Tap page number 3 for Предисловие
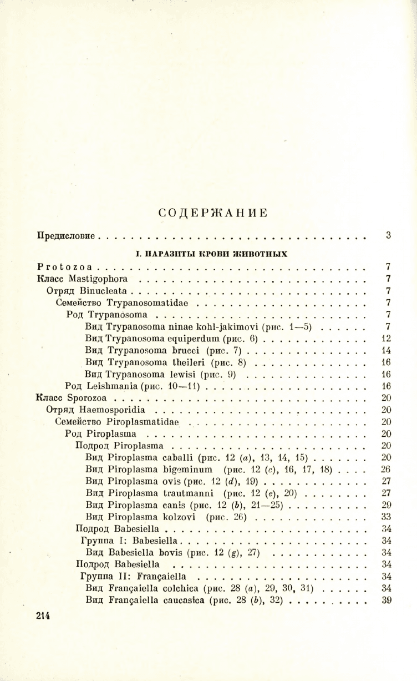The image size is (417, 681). [x=388, y=235]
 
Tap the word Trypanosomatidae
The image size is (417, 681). [x=152, y=302]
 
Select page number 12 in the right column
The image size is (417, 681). [x=387, y=338]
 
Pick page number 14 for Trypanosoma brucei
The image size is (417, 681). [x=387, y=350]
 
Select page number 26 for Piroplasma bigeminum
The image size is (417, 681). [x=387, y=470]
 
